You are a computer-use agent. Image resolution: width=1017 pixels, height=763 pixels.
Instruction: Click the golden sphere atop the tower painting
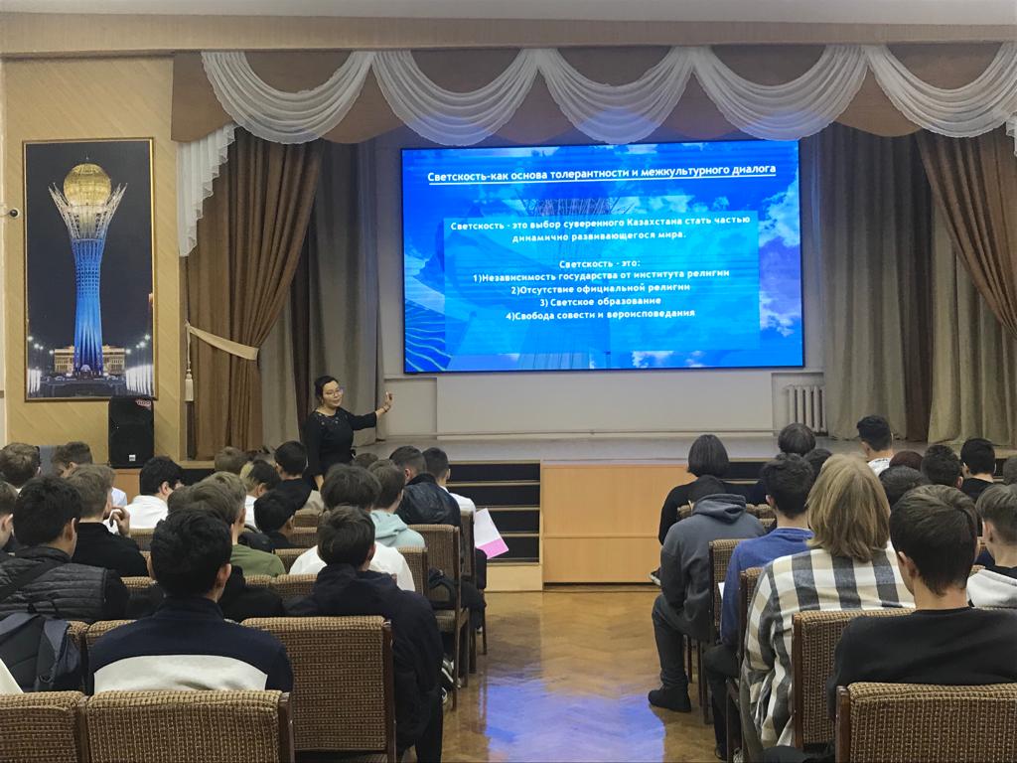(87, 184)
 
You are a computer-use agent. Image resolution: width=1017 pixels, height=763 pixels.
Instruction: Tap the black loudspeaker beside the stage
(130, 431)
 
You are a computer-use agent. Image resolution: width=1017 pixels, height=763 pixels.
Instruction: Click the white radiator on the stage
(805, 408)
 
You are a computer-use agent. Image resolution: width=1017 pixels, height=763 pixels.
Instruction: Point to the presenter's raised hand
(387, 402)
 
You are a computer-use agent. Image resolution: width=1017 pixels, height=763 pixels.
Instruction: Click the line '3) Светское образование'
(600, 301)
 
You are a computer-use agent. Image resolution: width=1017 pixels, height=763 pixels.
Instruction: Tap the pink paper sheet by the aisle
(490, 534)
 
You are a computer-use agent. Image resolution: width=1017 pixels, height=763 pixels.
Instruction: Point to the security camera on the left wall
(11, 213)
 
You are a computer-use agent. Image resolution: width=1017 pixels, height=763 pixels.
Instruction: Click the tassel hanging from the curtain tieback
(190, 388)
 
